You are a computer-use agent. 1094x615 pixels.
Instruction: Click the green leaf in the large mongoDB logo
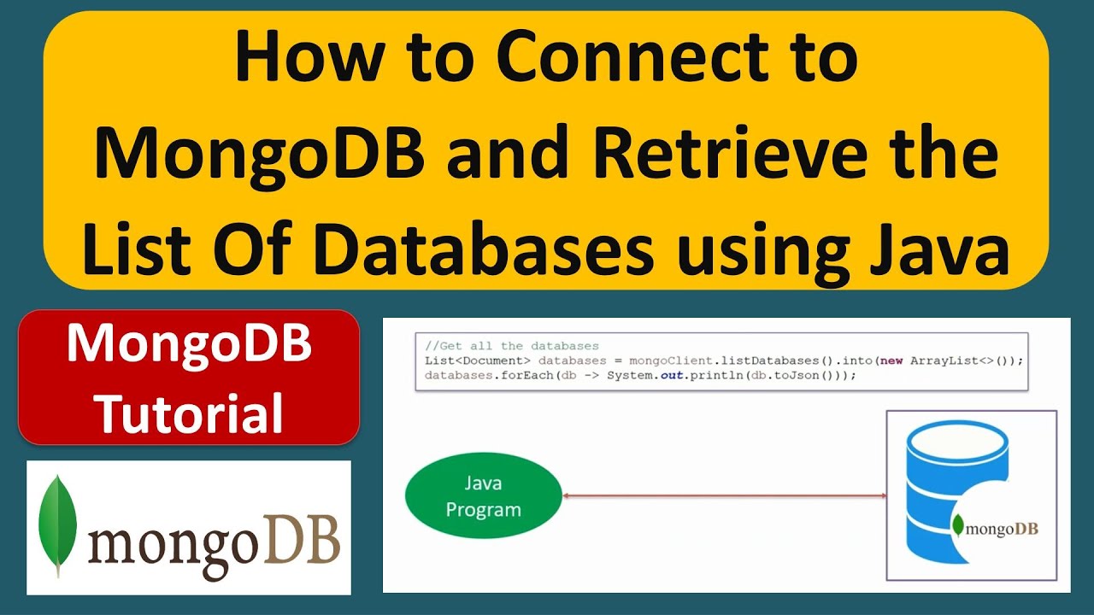[58, 525]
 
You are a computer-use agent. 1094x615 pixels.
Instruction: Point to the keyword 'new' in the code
[891, 360]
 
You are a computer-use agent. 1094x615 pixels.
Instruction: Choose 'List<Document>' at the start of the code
[477, 360]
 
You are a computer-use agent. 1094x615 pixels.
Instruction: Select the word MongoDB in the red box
[189, 346]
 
